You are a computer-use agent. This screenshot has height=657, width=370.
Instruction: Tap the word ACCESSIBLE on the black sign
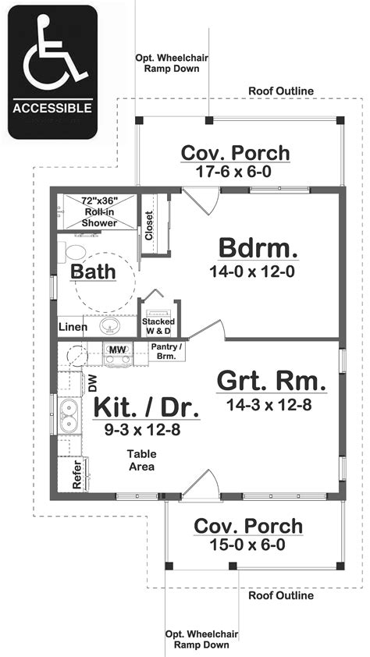[52, 108]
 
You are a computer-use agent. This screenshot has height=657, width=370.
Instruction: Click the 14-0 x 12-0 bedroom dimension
[257, 272]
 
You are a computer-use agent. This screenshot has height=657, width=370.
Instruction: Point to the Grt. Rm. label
[270, 382]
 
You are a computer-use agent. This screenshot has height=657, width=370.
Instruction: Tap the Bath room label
[93, 272]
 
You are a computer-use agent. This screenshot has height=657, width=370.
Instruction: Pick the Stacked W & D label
[158, 326]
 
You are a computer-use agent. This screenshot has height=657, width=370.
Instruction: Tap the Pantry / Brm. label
[169, 350]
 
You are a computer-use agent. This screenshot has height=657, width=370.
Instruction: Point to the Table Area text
[142, 460]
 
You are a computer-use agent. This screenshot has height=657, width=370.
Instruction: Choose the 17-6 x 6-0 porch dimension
[235, 172]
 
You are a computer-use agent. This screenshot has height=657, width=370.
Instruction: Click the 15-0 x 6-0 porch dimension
[247, 545]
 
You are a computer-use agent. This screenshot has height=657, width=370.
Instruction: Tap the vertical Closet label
[149, 226]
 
